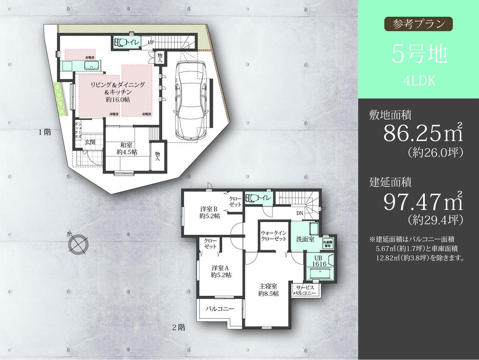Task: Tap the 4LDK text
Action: point(419,81)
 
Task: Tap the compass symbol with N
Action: point(76,244)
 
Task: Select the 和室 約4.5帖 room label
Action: point(127,148)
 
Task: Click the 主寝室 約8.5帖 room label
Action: point(268,290)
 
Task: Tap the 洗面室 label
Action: point(305,238)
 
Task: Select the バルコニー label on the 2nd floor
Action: point(220,309)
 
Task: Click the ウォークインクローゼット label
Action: point(274,236)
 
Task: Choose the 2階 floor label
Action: point(179,328)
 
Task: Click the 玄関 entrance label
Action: point(91,142)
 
